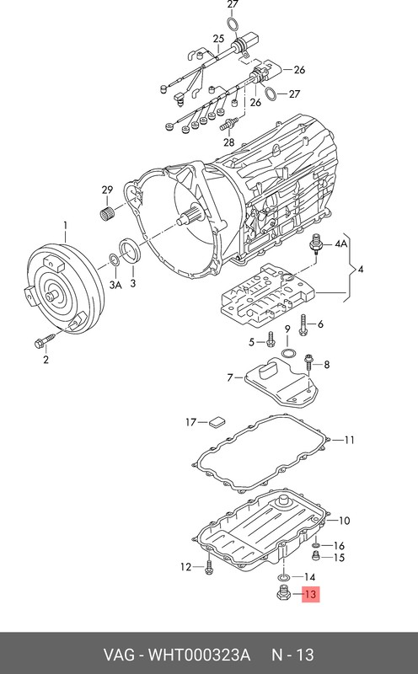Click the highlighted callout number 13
(310, 595)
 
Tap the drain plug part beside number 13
(282, 594)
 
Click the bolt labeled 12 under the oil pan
(209, 566)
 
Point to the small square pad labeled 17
(217, 422)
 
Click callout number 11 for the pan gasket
(349, 440)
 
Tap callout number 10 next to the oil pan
(344, 521)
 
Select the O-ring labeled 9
(288, 354)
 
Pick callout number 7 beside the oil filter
(230, 377)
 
